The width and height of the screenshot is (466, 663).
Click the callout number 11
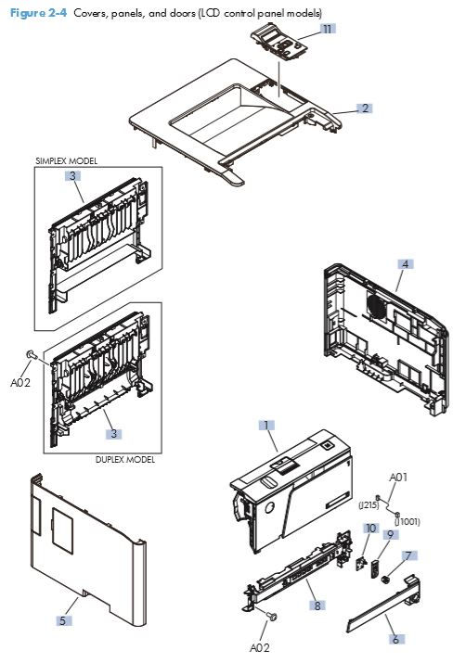327,30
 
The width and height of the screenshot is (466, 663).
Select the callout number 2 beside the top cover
365,108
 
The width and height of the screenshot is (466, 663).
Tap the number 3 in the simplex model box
71,175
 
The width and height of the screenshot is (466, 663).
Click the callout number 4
405,263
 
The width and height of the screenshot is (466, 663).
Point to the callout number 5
62,620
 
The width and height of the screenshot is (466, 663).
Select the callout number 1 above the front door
265,425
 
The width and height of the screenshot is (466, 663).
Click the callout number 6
395,639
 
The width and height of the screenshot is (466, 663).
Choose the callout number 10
369,529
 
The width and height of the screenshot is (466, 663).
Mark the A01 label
397,478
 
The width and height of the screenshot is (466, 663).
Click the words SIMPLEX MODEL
66,160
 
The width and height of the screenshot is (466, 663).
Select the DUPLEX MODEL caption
124,460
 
